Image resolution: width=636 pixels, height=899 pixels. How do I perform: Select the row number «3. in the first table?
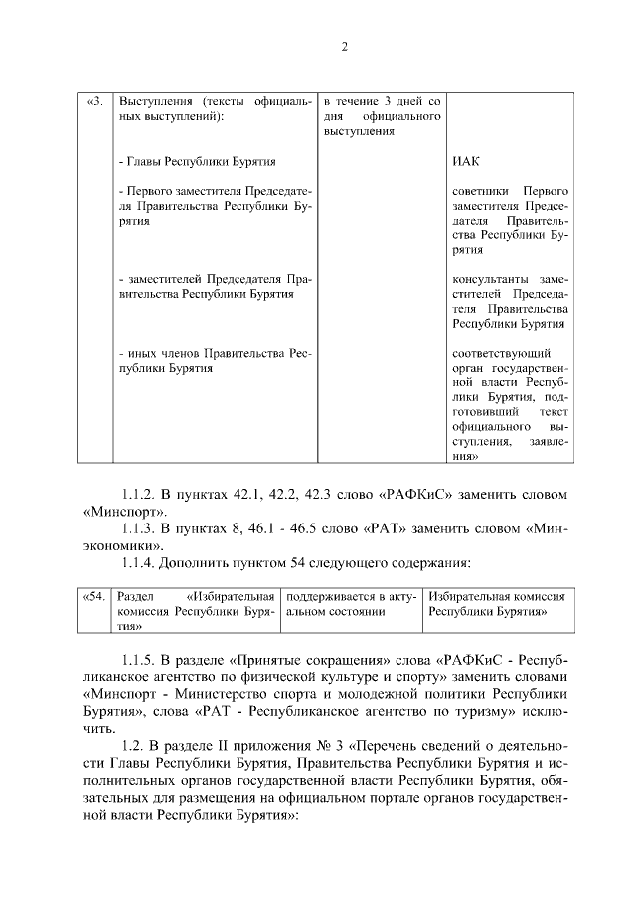95,101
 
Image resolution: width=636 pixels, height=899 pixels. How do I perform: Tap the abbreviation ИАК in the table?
466,162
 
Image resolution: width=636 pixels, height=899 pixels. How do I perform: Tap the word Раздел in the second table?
135,597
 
